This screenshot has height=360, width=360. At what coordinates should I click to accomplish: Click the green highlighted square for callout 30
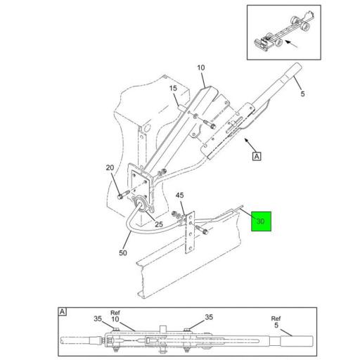pyautogui.click(x=261, y=221)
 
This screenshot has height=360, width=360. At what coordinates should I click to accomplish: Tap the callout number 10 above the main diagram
pyautogui.click(x=201, y=67)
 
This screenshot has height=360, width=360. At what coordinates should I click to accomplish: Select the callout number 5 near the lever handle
pyautogui.click(x=302, y=94)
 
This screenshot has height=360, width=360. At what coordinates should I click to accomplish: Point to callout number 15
pyautogui.click(x=173, y=89)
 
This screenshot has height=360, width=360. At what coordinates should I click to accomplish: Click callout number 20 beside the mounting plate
pyautogui.click(x=110, y=167)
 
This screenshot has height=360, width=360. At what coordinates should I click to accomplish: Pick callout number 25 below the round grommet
pyautogui.click(x=159, y=224)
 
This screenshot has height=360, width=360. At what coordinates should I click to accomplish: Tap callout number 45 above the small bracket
pyautogui.click(x=180, y=195)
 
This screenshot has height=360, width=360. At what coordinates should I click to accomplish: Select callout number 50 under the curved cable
pyautogui.click(x=123, y=253)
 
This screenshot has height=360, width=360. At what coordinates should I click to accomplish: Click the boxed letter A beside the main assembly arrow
pyautogui.click(x=257, y=156)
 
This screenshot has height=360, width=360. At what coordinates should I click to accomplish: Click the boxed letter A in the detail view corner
pyautogui.click(x=62, y=311)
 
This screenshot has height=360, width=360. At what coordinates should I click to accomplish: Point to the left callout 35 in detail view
pyautogui.click(x=98, y=319)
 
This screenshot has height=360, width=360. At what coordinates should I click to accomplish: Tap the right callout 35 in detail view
pyautogui.click(x=209, y=317)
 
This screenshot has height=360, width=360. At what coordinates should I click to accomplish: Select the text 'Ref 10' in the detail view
pyautogui.click(x=115, y=316)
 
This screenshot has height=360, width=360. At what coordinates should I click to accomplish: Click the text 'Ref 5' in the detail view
pyautogui.click(x=276, y=322)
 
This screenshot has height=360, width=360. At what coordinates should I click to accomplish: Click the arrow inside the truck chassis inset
pyautogui.click(x=291, y=44)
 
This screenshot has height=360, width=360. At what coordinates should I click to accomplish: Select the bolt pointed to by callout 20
pyautogui.click(x=123, y=195)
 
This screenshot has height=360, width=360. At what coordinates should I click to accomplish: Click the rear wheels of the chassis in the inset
pyautogui.click(x=300, y=23)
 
